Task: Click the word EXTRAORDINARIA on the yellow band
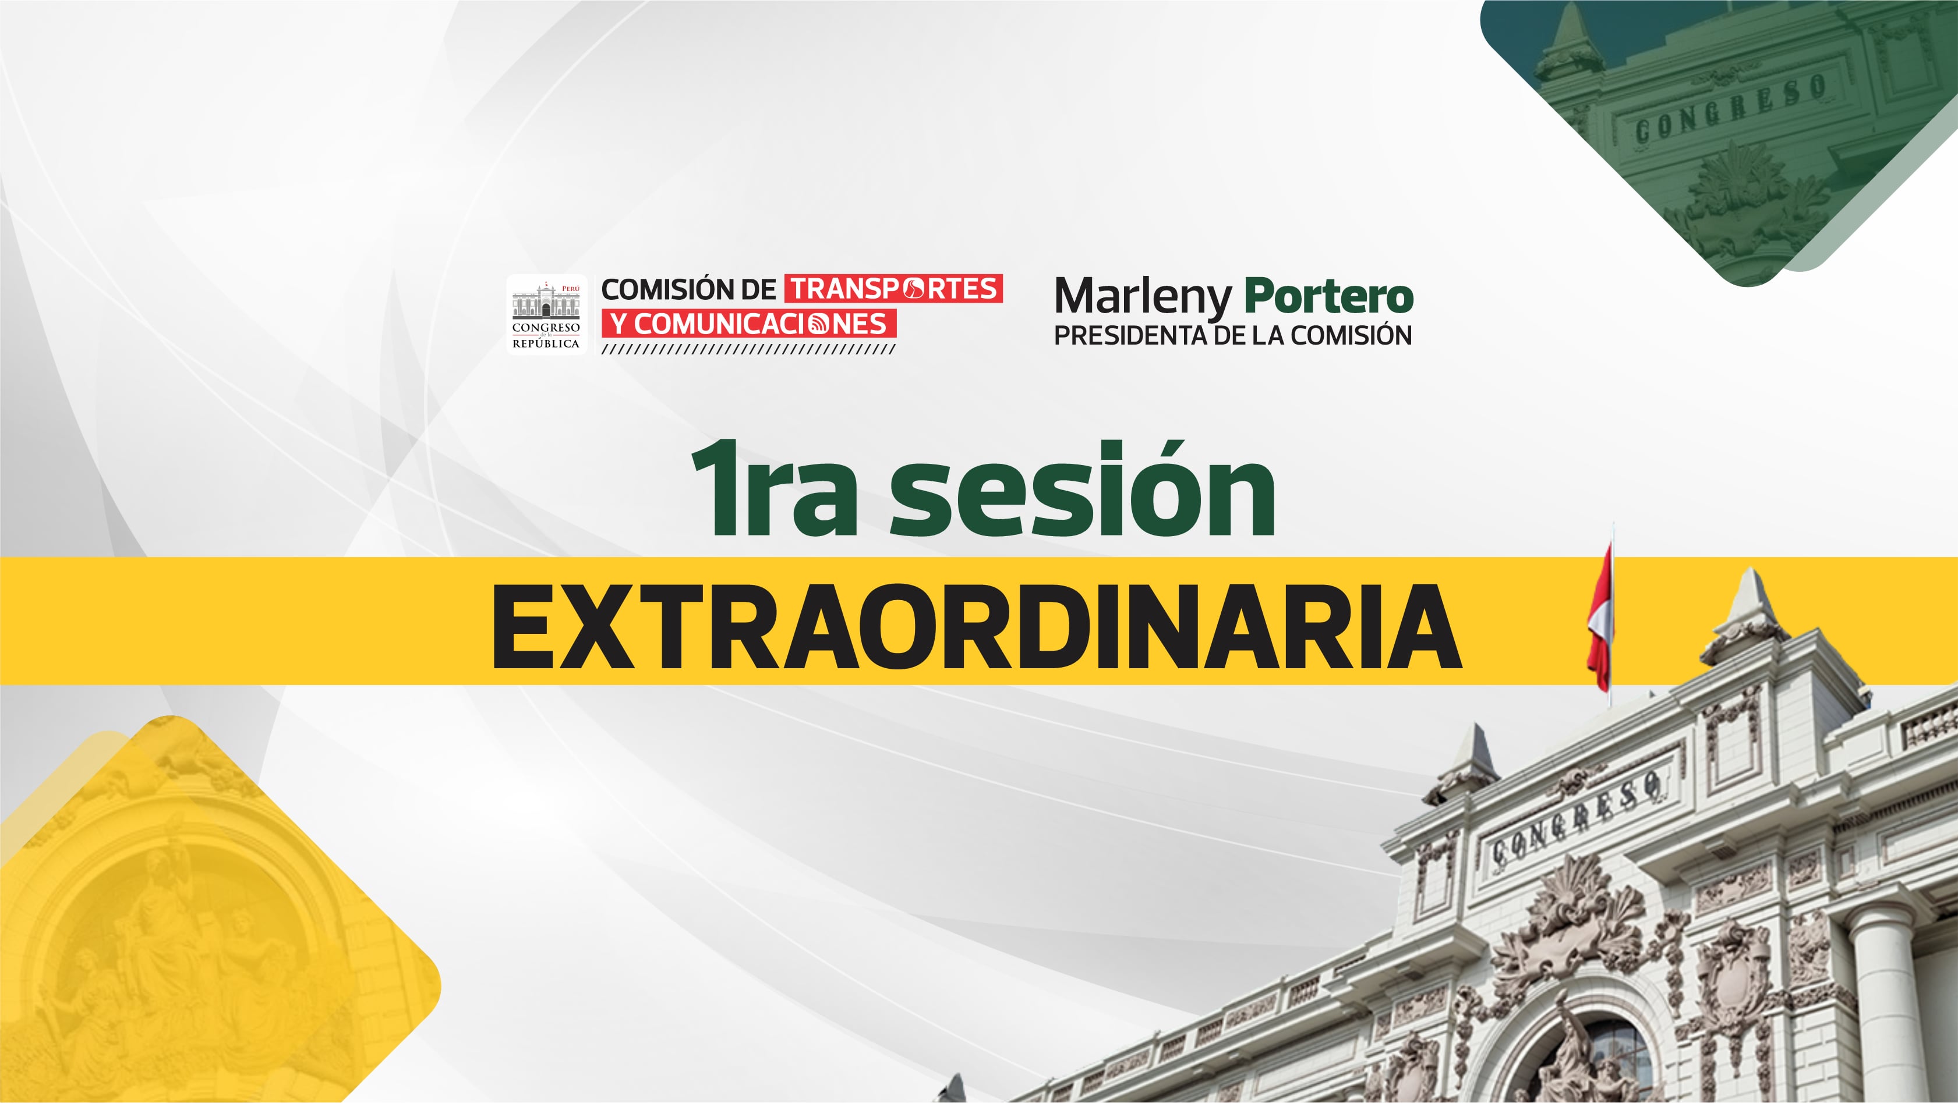point(977,627)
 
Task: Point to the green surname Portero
point(1328,296)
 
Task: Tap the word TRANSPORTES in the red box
point(894,289)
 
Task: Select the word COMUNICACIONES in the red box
point(761,324)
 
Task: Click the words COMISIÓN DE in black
point(688,289)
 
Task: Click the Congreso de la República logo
point(546,314)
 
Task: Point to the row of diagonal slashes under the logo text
point(749,349)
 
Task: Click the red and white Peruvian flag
point(1599,619)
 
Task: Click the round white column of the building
point(1885,1003)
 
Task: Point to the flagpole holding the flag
point(1611,615)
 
